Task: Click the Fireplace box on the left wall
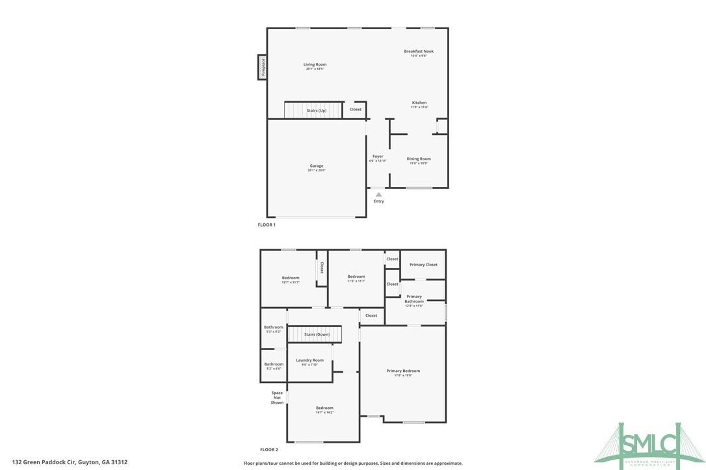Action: coord(263,67)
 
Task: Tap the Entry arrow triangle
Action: coord(378,193)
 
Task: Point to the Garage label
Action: coord(317,166)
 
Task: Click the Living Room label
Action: coord(315,65)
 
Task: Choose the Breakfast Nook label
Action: coord(419,51)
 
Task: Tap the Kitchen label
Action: coord(419,103)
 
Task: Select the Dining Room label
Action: coord(419,159)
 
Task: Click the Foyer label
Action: coord(378,156)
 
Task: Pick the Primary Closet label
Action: coord(423,265)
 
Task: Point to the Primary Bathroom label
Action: coord(414,299)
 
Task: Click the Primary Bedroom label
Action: coord(403,371)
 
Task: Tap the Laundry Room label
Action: coord(309,360)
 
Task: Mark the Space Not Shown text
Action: coord(278,397)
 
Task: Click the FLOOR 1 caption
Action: coord(267,225)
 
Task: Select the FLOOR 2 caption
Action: coord(269,449)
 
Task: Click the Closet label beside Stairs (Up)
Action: coord(356,110)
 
